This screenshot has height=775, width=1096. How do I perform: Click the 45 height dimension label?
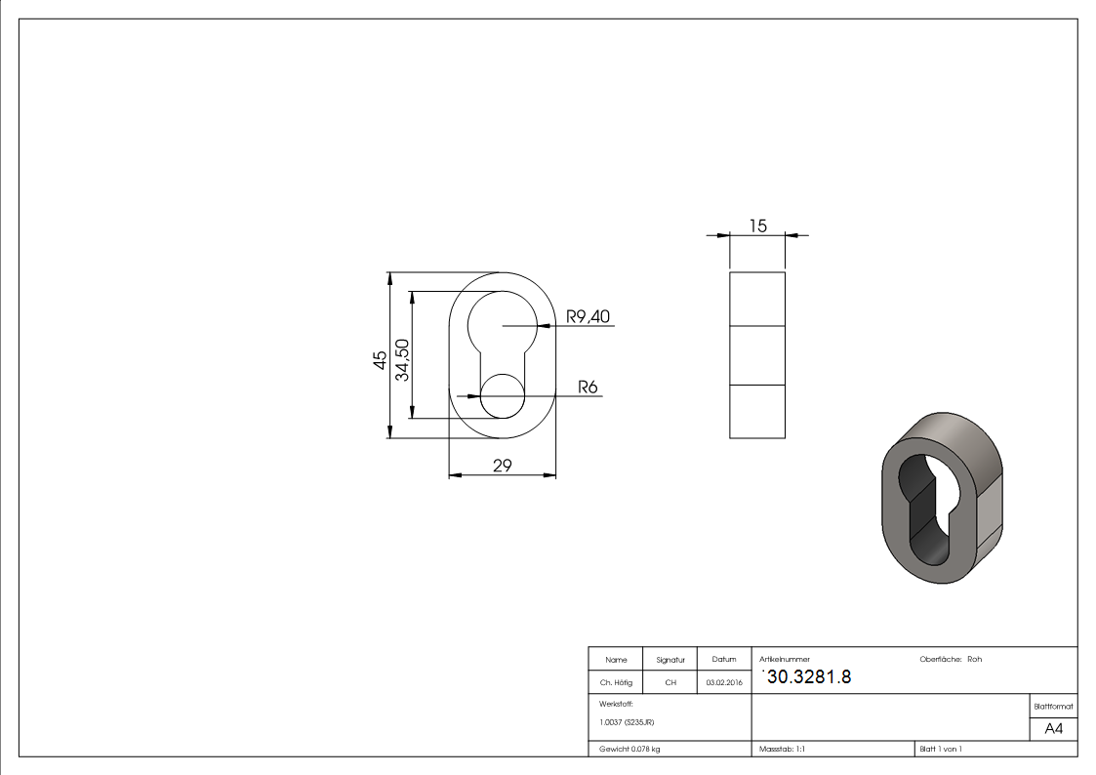coord(378,359)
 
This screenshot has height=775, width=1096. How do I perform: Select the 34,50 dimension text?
coord(400,359)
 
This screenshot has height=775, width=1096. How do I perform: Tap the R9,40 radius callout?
coord(588,316)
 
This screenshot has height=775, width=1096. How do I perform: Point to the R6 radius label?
coord(588,387)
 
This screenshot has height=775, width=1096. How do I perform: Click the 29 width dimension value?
coord(502,466)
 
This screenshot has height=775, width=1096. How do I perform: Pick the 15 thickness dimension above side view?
coord(757,225)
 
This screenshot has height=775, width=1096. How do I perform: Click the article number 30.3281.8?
coord(809,677)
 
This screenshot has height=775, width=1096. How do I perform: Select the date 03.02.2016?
coord(724,683)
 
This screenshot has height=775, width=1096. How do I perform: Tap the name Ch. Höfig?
coord(616,683)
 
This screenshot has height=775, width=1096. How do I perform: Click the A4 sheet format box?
coord(1054,729)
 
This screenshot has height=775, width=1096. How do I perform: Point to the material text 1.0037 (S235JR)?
coord(627,722)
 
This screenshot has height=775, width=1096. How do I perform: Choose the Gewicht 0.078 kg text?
coord(629,749)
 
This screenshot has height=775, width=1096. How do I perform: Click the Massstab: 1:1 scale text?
coord(782,749)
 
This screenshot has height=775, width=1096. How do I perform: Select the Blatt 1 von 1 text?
coord(940,749)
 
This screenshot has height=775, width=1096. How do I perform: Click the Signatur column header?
coord(670,660)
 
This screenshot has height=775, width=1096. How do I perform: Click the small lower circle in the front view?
coord(503,396)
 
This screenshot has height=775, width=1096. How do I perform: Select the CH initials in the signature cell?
coord(670,683)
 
